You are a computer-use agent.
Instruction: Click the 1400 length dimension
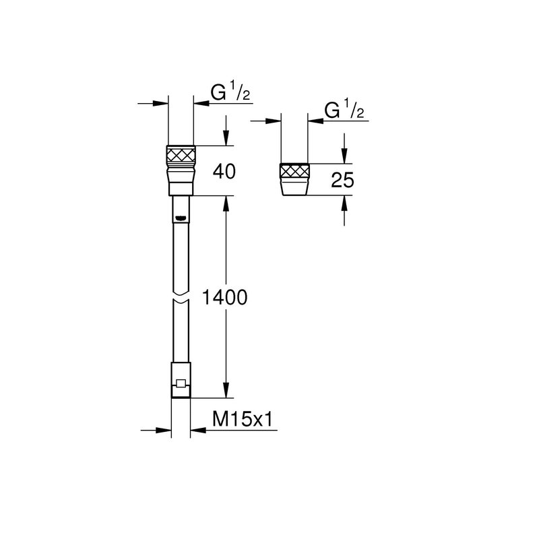(224, 297)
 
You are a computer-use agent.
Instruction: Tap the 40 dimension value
(224, 171)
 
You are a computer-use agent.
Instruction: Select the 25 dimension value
(342, 180)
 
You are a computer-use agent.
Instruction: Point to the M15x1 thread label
(243, 419)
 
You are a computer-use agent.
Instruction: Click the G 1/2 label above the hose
(230, 93)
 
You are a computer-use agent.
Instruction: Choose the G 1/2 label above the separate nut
(344, 110)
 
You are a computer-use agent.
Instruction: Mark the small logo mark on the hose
(181, 218)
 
